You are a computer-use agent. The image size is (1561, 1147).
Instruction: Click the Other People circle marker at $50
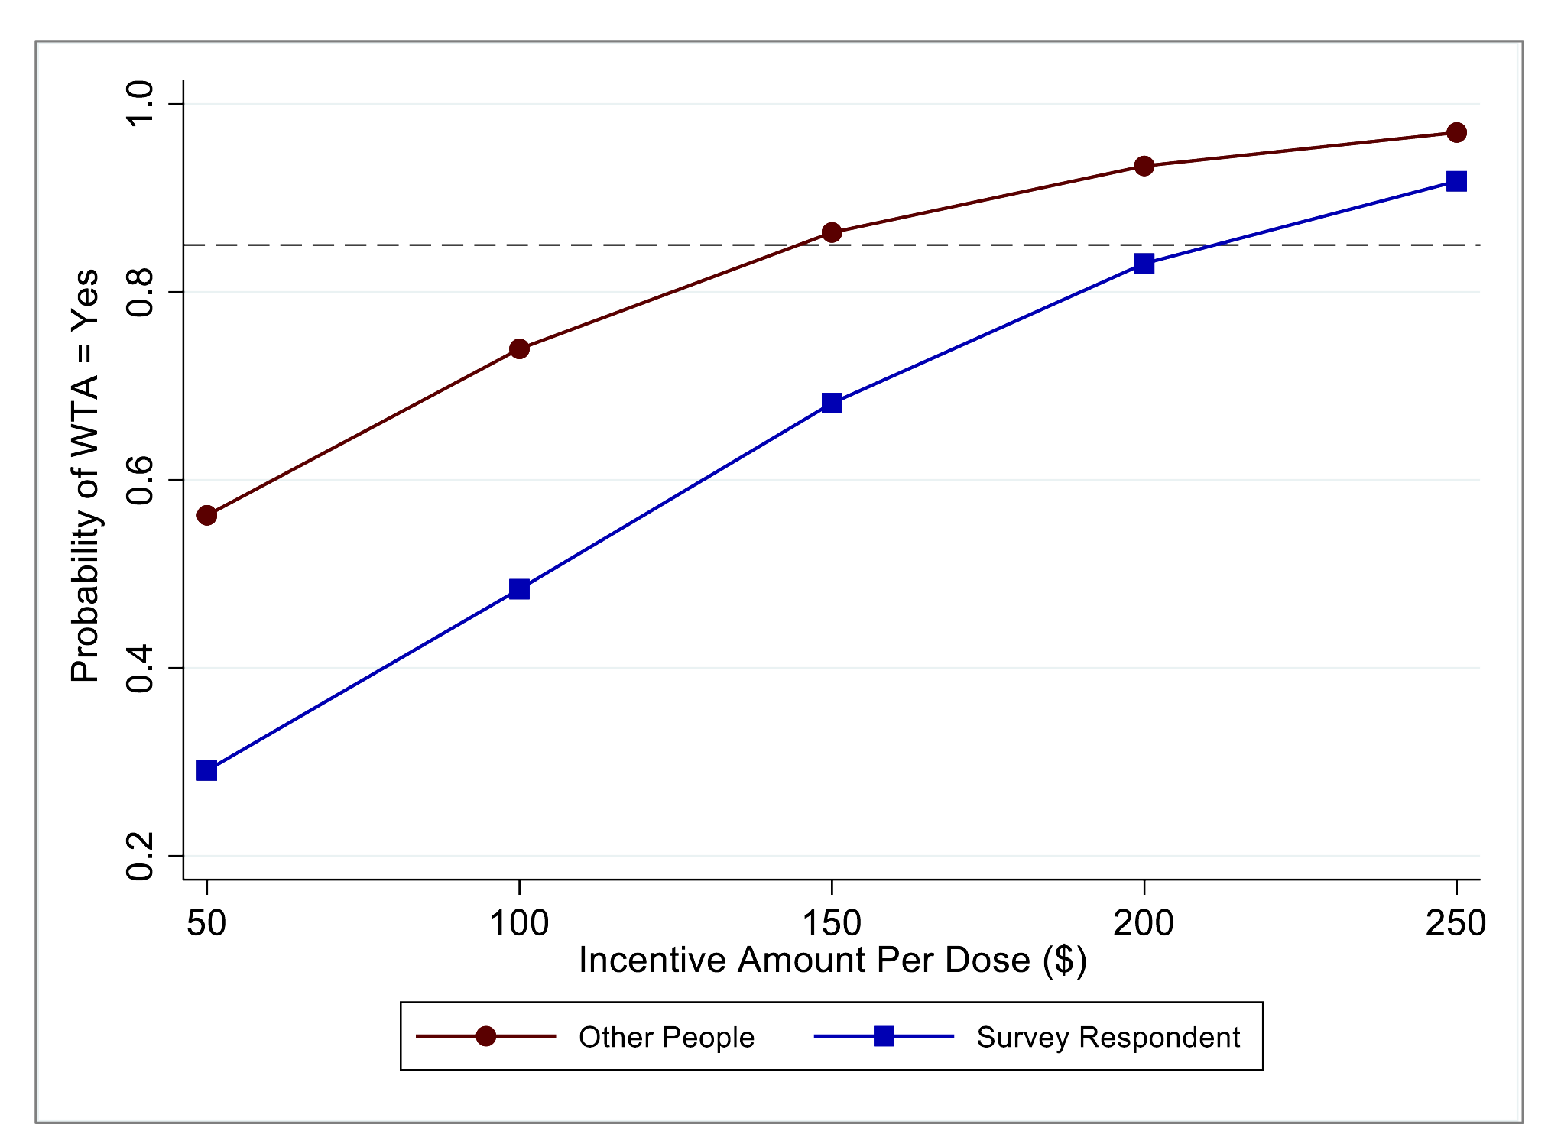pos(206,516)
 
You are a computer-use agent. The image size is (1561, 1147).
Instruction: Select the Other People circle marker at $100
pos(519,349)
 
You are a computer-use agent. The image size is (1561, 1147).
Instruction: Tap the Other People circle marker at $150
pos(832,232)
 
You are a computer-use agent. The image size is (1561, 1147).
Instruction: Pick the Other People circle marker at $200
pos(1144,166)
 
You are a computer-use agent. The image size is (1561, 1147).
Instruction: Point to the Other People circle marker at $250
pos(1456,133)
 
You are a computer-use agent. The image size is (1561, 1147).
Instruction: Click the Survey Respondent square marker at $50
pos(206,770)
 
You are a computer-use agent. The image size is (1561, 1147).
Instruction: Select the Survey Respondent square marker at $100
pos(519,589)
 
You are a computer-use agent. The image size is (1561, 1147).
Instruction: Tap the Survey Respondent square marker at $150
pos(832,403)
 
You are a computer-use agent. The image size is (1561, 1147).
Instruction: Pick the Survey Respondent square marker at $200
pos(1144,264)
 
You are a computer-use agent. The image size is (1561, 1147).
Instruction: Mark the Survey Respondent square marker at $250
pos(1456,181)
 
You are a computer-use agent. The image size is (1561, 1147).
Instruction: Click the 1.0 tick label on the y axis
pos(141,104)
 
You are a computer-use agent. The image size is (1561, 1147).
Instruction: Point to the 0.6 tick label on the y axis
pos(141,480)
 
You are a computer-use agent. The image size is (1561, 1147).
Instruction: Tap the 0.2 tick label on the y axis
pos(141,856)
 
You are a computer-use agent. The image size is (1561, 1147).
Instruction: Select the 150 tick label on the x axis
pos(832,923)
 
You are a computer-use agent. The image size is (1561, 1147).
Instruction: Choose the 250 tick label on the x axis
pos(1456,923)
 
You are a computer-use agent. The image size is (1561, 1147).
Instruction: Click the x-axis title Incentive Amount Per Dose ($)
pos(832,960)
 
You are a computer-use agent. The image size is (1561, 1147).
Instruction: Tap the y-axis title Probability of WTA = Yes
pos(85,475)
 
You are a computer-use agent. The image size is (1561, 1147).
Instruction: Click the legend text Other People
pos(667,1037)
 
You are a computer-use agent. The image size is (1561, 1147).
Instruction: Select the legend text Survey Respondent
pos(1108,1037)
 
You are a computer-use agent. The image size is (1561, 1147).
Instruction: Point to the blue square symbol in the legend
pos(884,1036)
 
